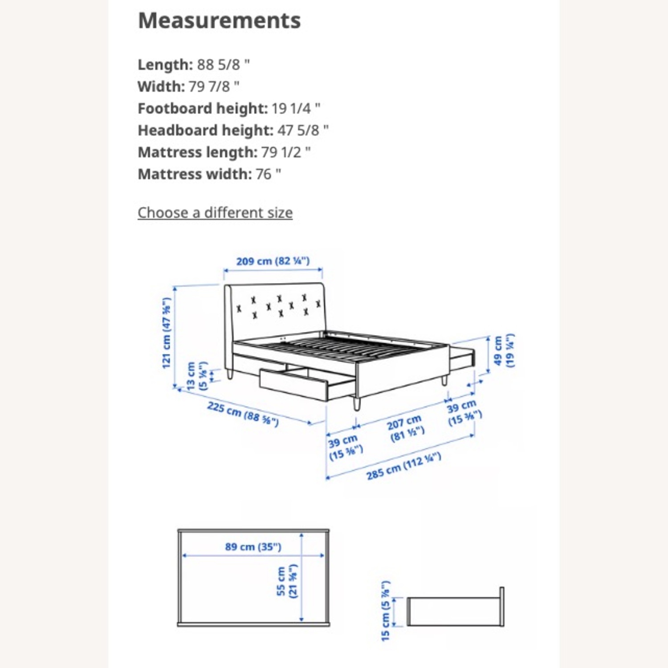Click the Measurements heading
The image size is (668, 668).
[219, 20]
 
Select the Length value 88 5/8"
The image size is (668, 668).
[223, 65]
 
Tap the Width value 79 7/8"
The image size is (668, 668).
[214, 86]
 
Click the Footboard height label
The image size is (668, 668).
[202, 108]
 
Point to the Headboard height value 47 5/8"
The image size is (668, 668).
[303, 130]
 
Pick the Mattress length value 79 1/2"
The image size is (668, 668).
[285, 152]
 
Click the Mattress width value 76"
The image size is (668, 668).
[268, 174]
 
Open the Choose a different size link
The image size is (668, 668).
[215, 213]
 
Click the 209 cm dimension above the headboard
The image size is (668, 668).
[273, 261]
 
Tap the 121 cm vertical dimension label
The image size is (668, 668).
[167, 333]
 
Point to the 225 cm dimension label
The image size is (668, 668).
[243, 414]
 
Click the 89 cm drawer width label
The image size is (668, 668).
[253, 546]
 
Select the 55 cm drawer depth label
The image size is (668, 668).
[286, 581]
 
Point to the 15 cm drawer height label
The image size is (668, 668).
[386, 611]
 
